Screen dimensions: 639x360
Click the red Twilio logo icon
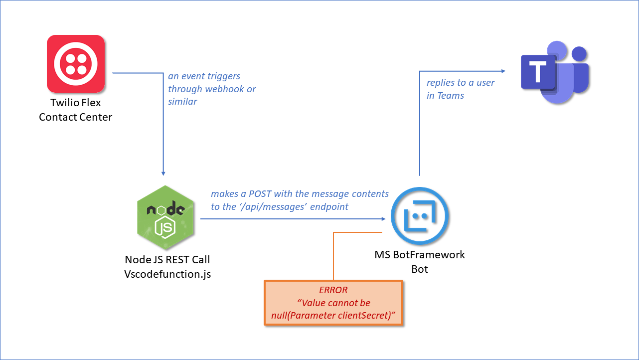point(76,64)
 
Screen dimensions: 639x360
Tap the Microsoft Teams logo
point(555,72)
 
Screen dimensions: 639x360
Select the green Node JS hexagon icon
point(165,217)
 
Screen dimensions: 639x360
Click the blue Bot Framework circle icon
point(420,216)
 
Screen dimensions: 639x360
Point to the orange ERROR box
point(333,303)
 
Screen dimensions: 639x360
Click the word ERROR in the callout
point(333,290)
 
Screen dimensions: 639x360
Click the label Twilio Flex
point(76,102)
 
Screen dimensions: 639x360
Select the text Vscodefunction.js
point(167,274)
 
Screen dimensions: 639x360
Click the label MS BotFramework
point(420,254)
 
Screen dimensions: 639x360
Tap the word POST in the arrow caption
point(260,193)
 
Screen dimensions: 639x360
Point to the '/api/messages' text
point(273,207)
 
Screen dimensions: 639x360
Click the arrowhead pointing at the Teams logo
point(503,71)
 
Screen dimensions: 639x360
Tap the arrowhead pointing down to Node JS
point(163,174)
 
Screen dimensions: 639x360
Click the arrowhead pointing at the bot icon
point(384,219)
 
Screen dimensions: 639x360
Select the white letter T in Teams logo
point(537,71)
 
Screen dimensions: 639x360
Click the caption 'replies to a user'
point(461,83)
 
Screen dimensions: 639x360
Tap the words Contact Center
point(76,117)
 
